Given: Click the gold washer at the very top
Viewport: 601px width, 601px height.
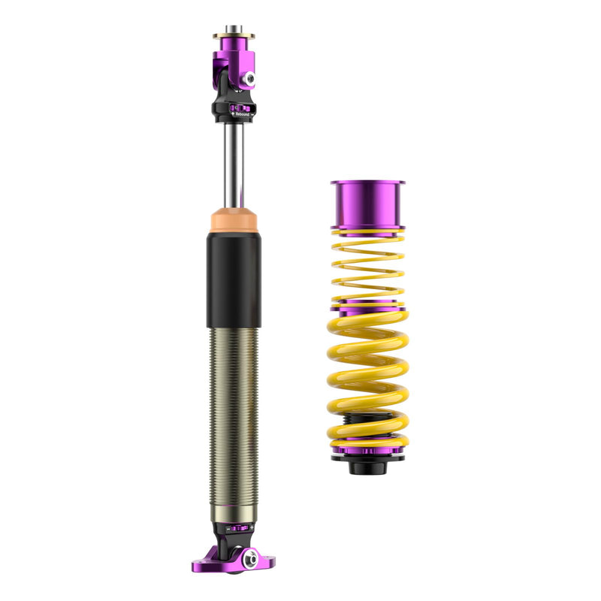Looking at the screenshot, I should point(234,35).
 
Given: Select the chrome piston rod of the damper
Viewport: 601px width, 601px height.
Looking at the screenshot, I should point(234,165).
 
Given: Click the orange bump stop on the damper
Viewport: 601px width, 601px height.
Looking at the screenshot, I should point(234,220).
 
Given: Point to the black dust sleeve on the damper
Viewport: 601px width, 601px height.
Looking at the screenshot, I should point(234,278).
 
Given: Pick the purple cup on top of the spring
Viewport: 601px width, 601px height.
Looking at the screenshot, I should point(367,204).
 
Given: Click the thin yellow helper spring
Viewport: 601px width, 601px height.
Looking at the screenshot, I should point(367,267).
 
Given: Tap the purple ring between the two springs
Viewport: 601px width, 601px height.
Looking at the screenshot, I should point(367,306).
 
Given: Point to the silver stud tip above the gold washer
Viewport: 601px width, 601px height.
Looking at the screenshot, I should point(234,29).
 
